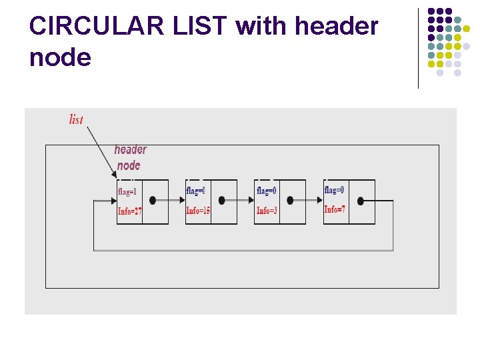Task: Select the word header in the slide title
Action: [336, 27]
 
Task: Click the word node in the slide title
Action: [60, 58]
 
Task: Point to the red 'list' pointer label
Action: [76, 119]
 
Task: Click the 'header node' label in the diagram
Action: [130, 157]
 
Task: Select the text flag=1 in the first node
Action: [127, 191]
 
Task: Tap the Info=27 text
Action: [129, 211]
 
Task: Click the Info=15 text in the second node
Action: [198, 211]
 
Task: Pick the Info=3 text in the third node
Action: [267, 211]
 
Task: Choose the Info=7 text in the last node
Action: [335, 209]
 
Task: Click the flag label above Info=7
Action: [334, 190]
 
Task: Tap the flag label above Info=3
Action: [266, 191]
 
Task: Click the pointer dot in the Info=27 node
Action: [153, 200]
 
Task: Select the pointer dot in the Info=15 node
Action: [222, 200]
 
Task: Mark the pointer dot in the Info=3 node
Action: [291, 200]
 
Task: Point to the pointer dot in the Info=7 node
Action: [361, 200]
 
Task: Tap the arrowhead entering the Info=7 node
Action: [320, 200]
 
